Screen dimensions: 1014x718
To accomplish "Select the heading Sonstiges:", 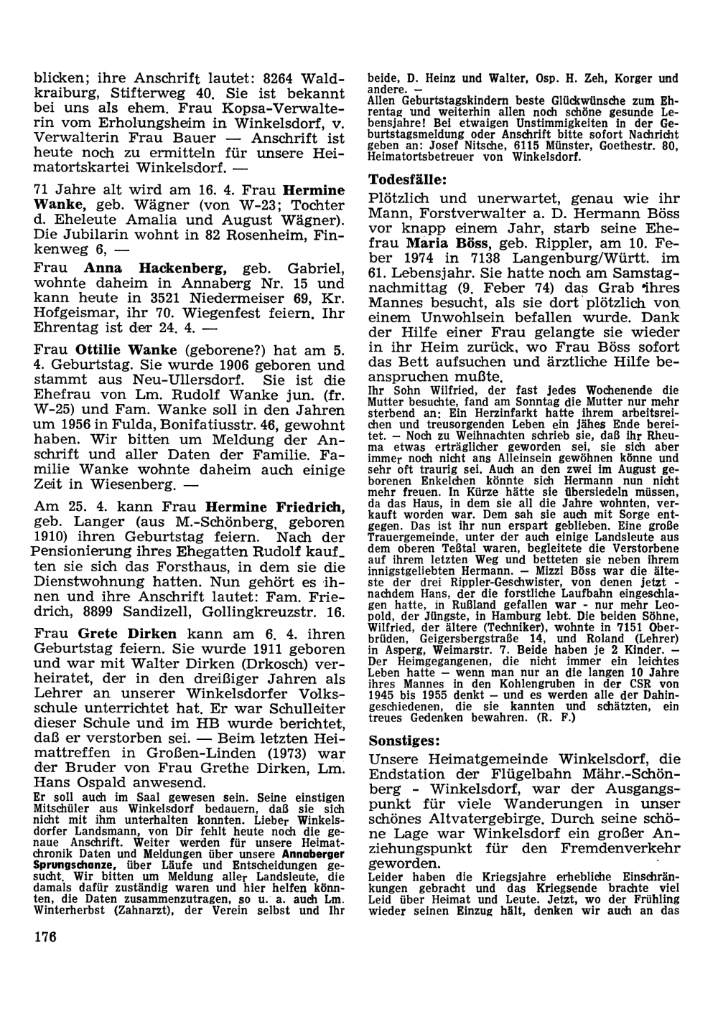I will tap(405, 739).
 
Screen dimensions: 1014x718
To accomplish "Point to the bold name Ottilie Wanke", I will tap(127, 350).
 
